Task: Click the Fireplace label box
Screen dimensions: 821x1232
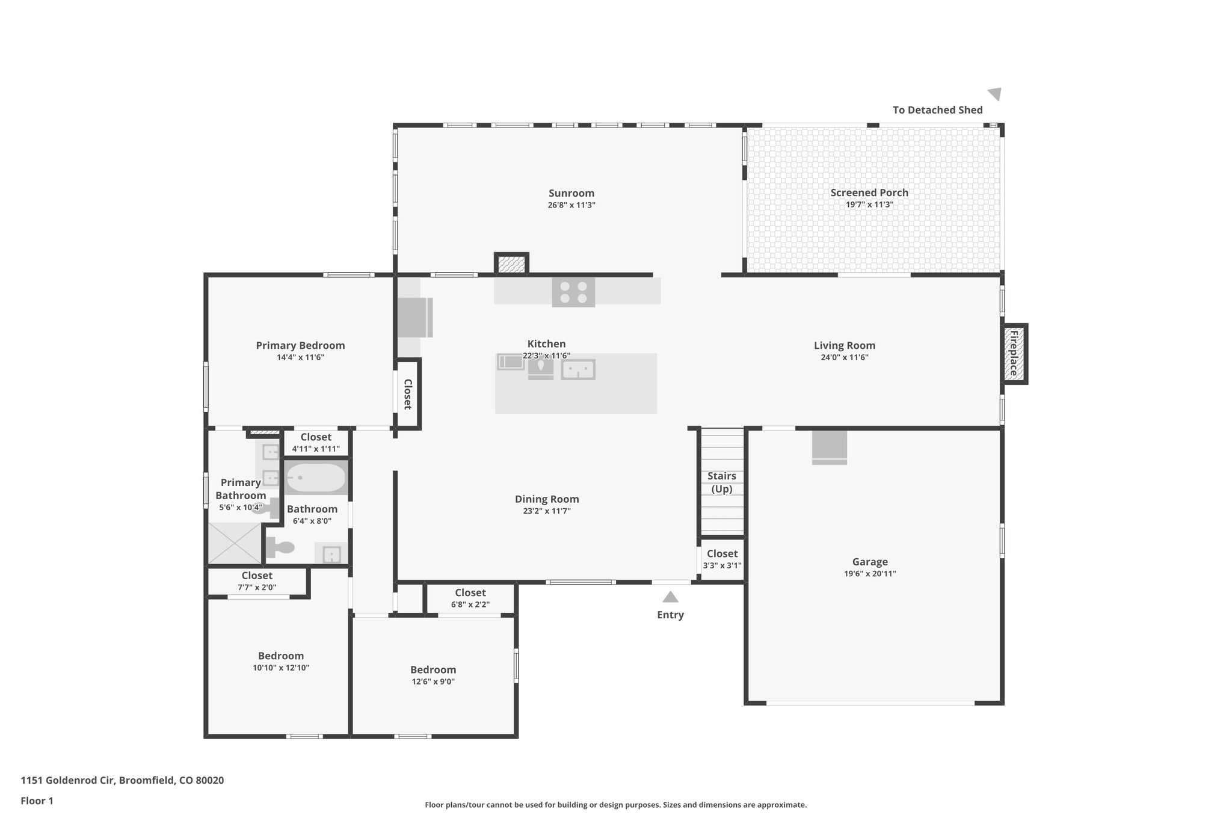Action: tap(1014, 354)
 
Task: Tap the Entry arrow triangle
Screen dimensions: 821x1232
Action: tap(670, 597)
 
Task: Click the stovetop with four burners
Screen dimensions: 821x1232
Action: tap(573, 292)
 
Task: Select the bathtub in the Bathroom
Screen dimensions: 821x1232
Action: tap(316, 478)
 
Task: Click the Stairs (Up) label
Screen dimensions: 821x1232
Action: tap(721, 482)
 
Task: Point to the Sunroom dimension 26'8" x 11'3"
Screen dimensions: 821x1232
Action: tap(571, 205)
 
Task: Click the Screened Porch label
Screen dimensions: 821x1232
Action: tap(869, 192)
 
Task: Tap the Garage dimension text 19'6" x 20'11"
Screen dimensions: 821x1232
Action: tap(870, 574)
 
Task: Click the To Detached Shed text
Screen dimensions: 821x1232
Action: tap(937, 110)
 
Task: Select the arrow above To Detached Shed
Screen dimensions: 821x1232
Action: tap(995, 94)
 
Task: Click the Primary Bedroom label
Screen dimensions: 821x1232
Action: tap(300, 345)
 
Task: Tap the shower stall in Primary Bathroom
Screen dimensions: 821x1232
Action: tap(235, 543)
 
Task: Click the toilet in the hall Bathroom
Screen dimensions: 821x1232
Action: tap(280, 547)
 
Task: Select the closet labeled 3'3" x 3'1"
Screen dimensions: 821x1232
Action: tap(722, 559)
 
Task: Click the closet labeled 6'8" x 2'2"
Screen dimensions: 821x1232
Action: tap(470, 598)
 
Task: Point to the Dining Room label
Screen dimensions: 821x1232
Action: tap(547, 499)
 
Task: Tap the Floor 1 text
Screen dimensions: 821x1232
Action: tap(37, 801)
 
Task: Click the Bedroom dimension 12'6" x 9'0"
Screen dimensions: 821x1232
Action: tap(433, 682)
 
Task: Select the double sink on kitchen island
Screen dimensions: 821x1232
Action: tap(577, 369)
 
